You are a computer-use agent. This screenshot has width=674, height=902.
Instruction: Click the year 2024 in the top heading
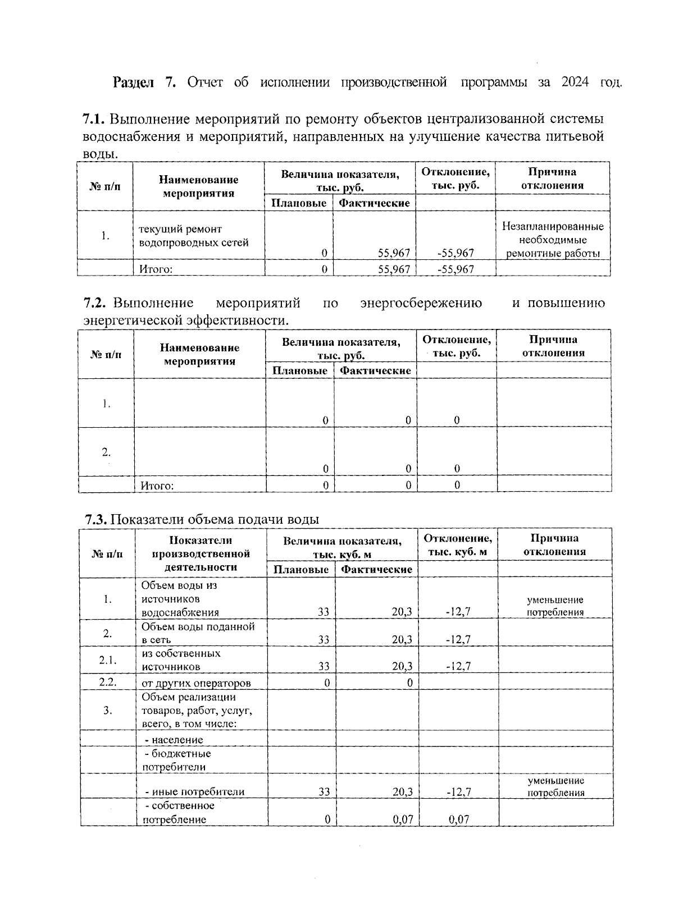coord(574,83)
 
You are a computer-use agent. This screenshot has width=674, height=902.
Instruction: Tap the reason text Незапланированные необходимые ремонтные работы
coord(553,240)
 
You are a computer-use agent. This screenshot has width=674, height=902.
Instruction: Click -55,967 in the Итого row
coord(456,269)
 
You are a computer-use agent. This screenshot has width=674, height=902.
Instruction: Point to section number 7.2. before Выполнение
coord(95,303)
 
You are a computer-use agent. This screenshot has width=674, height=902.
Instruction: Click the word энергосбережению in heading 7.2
coord(421,303)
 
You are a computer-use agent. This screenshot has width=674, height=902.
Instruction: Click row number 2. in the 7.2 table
coord(106,452)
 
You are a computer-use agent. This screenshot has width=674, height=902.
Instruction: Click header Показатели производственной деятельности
coord(201,553)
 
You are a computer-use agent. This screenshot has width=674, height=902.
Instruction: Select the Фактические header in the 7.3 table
coord(377,569)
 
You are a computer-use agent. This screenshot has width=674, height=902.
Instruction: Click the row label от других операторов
coord(196,683)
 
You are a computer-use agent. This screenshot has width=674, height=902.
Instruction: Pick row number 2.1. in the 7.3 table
coord(108,660)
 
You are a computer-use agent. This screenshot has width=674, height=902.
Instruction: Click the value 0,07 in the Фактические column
coord(403,819)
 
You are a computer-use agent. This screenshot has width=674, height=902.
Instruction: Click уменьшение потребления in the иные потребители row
coord(555,786)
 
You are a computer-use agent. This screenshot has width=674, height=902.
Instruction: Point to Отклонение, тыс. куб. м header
coord(458,545)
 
